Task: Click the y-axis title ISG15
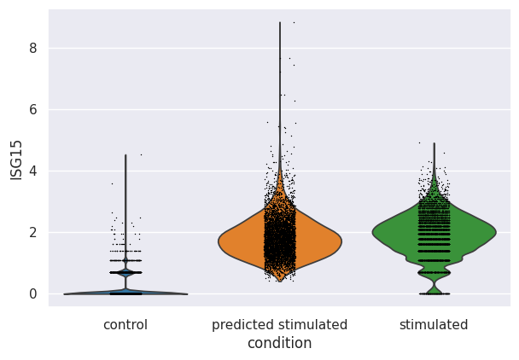coord(16,160)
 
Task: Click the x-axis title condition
coord(279,343)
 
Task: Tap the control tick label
coord(125,325)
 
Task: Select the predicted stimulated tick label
coord(279,325)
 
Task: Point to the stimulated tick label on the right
coord(434,325)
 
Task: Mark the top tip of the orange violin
coord(280,23)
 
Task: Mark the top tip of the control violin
coord(125,155)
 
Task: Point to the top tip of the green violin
coord(434,143)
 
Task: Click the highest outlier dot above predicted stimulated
coord(294,23)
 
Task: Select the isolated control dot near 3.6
coord(111,183)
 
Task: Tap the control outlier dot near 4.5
coord(141,154)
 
